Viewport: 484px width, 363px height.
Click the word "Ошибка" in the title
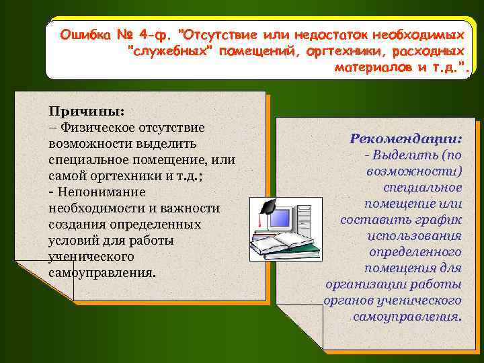click(84, 34)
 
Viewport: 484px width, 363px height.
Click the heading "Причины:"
click(86, 112)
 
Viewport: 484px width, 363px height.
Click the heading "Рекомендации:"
click(405, 138)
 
